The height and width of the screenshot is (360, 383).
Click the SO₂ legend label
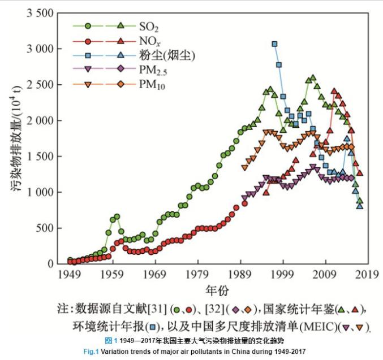coord(148,27)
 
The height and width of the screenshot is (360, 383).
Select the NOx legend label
coord(148,41)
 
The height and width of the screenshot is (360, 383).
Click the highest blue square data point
coord(274,44)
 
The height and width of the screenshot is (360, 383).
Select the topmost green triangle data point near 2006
coord(313,77)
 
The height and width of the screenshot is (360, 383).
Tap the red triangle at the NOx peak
coord(334,90)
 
